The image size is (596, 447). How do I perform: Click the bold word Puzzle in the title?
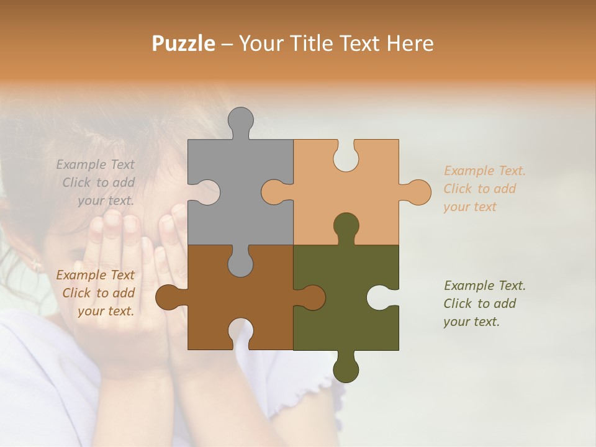pyautogui.click(x=184, y=43)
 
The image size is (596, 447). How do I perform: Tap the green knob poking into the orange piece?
pyautogui.click(x=346, y=225)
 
